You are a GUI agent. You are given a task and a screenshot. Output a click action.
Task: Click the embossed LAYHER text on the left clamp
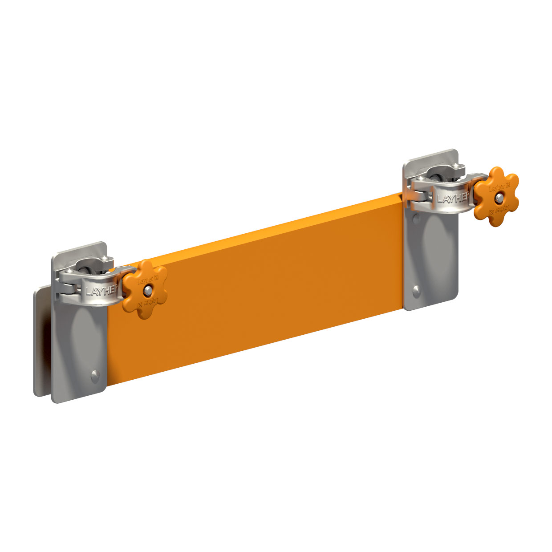[101, 291]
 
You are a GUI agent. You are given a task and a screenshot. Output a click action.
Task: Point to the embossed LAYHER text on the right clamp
[453, 198]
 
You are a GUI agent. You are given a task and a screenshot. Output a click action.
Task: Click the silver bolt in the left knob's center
[147, 290]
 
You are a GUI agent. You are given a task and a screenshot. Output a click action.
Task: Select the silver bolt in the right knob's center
[499, 197]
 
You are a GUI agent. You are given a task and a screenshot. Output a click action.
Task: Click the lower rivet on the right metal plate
[416, 291]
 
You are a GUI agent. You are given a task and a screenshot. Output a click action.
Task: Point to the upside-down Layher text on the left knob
[149, 302]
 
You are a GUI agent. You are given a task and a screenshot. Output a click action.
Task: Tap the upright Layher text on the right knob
[498, 187]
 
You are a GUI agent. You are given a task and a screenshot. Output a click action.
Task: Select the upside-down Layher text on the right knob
[500, 209]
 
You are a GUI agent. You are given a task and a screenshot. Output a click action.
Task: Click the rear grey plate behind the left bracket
[41, 343]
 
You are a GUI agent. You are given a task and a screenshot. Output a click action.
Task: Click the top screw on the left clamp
[105, 260]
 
